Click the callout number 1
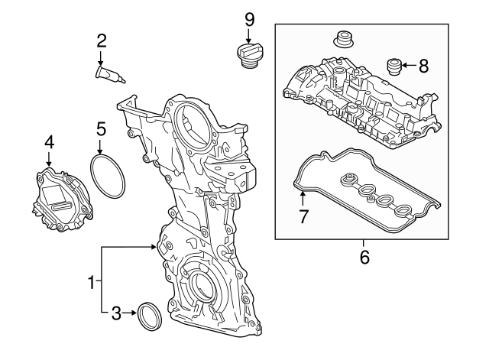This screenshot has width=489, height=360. click(92, 283)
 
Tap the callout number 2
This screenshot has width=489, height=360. click(101, 41)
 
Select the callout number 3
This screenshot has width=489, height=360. click(117, 312)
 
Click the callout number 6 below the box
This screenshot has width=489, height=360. click(364, 258)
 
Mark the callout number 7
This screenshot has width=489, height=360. click(303, 216)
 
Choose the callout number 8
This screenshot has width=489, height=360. click(424, 66)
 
